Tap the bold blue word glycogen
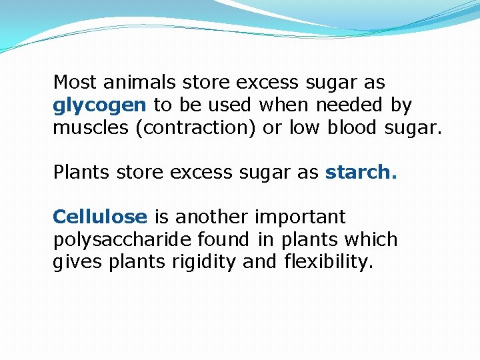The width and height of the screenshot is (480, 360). [100, 105]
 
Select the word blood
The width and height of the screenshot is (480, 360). [353, 127]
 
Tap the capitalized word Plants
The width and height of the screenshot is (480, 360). [81, 172]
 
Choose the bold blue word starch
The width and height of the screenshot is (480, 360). [361, 172]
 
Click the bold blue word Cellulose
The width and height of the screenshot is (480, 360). [99, 217]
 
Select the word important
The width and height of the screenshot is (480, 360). [300, 217]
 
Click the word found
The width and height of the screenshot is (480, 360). [222, 239]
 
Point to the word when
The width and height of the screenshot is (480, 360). [285, 105]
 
